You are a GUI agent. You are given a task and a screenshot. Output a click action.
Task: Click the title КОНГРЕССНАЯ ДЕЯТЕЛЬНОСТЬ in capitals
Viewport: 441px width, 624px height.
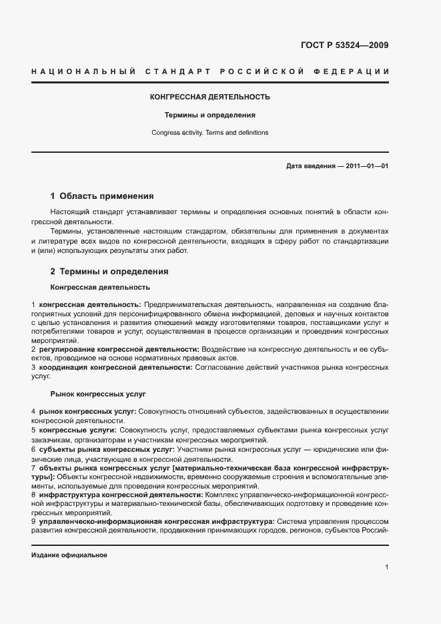[x=210, y=97]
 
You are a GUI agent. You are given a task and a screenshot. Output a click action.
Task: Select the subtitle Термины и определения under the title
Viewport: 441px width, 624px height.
[x=210, y=115]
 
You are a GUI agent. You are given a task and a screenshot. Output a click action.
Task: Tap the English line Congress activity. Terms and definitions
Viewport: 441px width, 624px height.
[x=210, y=132]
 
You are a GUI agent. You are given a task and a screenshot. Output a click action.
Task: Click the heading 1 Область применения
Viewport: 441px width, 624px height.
[x=102, y=196]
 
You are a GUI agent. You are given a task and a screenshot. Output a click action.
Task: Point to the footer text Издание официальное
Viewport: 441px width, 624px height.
[x=69, y=555]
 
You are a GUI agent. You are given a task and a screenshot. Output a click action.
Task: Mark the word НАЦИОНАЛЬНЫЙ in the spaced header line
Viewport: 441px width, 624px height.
[x=78, y=71]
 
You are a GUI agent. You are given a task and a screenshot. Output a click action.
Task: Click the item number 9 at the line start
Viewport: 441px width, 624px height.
[x=33, y=521]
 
